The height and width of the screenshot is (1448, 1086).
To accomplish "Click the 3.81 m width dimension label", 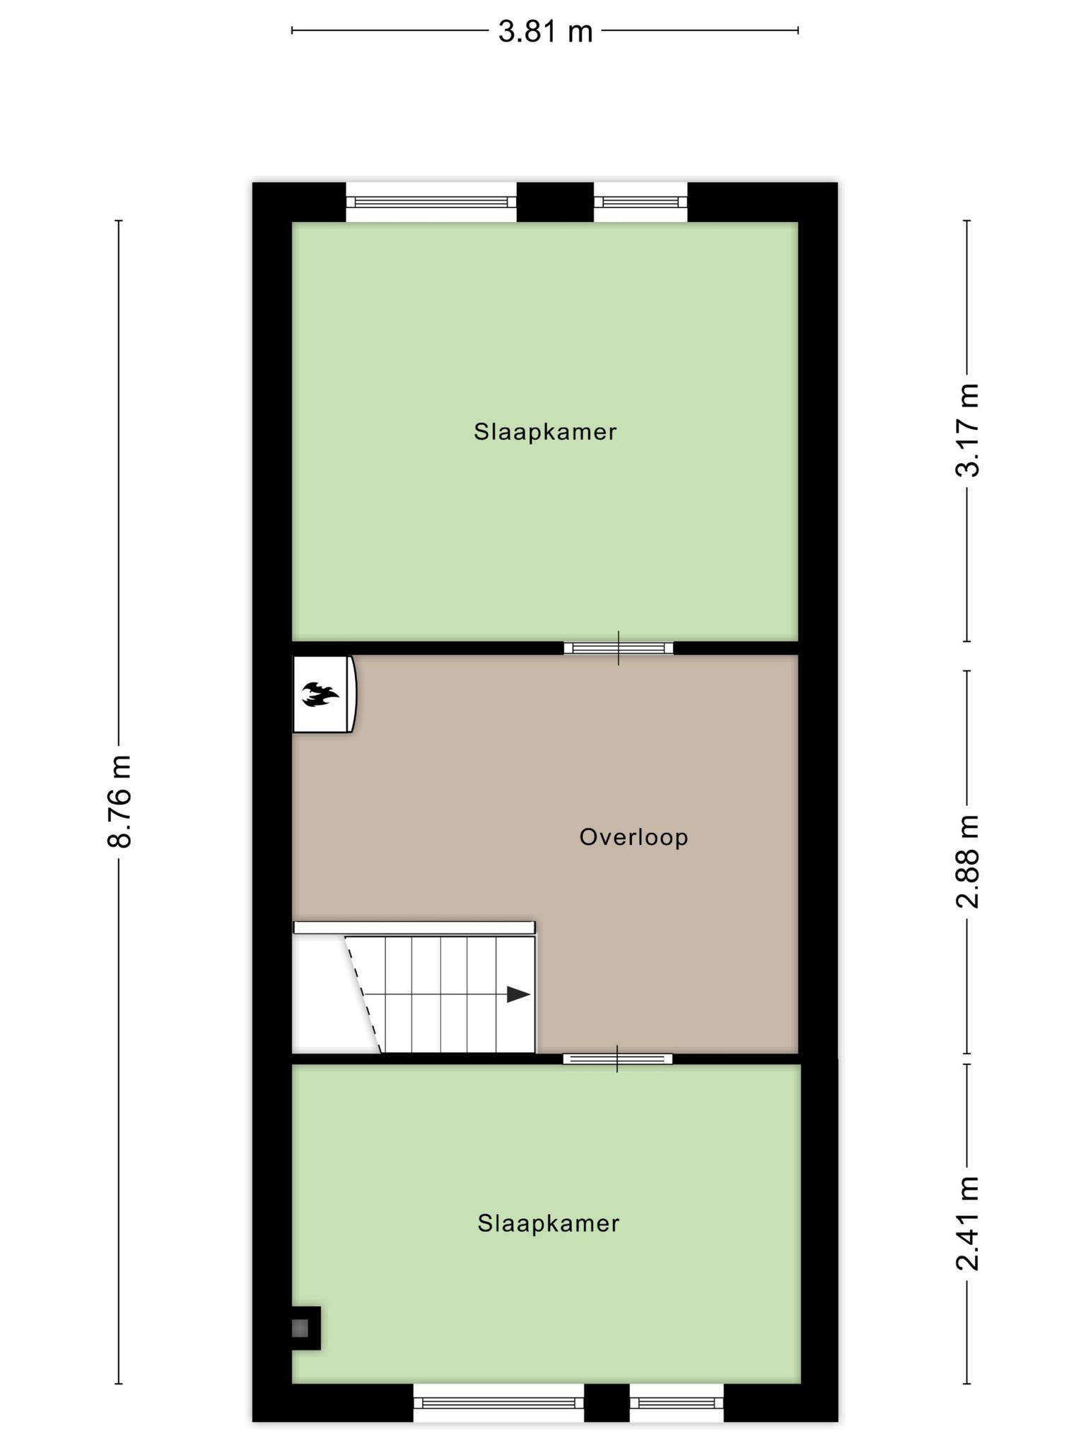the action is [x=545, y=32].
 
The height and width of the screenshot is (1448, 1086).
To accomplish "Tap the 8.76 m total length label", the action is [x=119, y=801].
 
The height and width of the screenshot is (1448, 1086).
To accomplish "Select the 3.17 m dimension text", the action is [x=967, y=430].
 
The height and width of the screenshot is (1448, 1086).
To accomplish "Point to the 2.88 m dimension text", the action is [x=967, y=861].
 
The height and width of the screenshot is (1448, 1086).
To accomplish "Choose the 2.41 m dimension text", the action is [x=967, y=1223].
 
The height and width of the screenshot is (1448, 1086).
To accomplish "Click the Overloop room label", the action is [x=633, y=837].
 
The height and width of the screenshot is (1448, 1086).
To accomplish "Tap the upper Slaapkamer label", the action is [x=545, y=431].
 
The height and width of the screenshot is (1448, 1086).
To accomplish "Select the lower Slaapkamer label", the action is [x=549, y=1223].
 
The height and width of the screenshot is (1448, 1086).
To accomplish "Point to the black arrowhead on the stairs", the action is [x=519, y=994].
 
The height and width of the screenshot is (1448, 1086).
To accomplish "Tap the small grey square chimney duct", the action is [x=300, y=1329].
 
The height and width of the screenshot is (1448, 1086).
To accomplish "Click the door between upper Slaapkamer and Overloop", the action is [x=619, y=648].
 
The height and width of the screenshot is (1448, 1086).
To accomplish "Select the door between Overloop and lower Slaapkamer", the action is [x=617, y=1058].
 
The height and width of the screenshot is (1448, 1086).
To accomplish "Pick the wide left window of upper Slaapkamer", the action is [x=431, y=202].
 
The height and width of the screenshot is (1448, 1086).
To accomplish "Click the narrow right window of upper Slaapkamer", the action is [x=641, y=202].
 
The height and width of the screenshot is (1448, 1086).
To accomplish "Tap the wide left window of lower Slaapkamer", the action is [x=498, y=1402].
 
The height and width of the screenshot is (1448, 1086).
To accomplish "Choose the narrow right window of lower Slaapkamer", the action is [x=677, y=1402].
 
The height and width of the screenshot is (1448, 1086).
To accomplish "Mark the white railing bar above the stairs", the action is [x=414, y=928].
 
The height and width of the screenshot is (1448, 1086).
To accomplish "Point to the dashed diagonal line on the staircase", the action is [x=363, y=994].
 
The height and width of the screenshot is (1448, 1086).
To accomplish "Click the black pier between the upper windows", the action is [x=555, y=202].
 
